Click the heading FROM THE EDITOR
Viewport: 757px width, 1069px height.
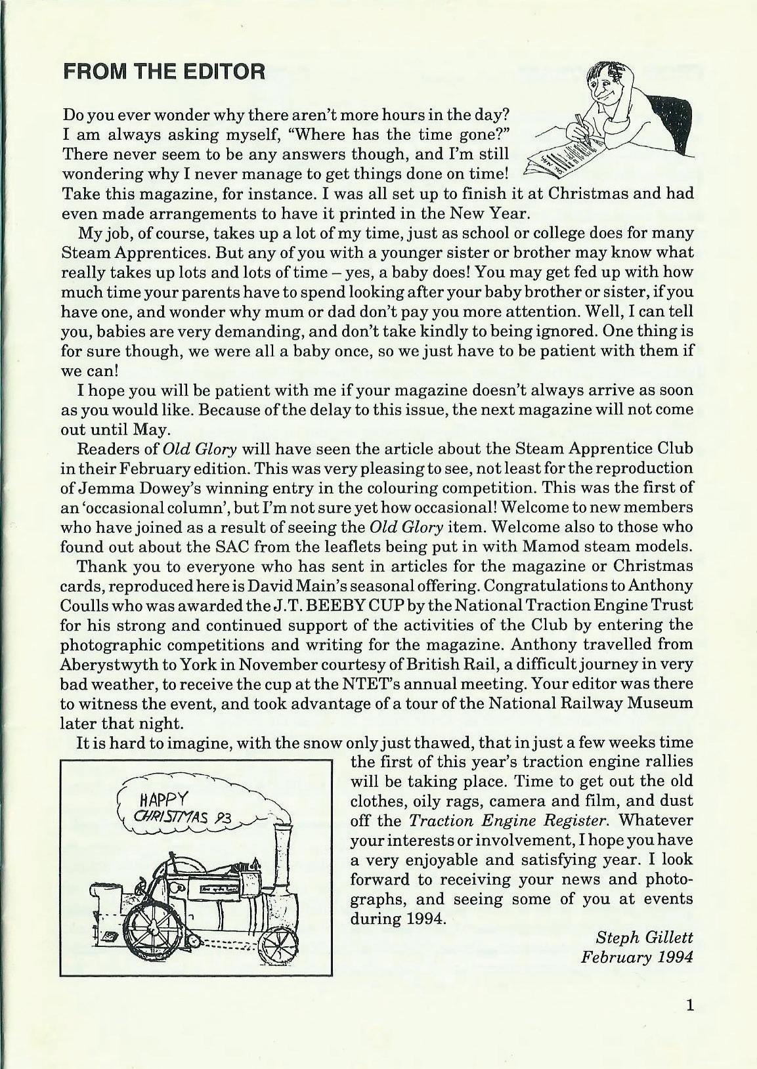(163, 71)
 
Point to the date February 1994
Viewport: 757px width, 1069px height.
(637, 956)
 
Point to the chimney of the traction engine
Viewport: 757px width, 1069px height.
(283, 854)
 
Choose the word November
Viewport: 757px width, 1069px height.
(257, 664)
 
